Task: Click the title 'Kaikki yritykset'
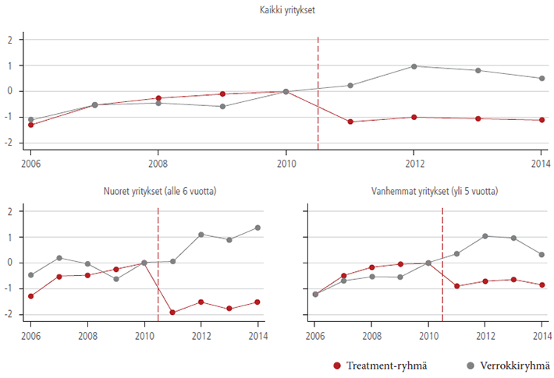point(286,10)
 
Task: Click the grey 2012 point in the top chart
point(414,66)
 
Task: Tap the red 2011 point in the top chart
point(350,122)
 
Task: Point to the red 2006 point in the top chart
point(30,125)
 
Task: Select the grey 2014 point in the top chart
point(542,78)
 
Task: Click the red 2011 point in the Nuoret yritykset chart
point(172,313)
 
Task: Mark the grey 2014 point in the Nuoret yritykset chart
point(257,228)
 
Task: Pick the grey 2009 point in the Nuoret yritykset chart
point(115,278)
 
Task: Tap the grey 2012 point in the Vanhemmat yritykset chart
point(485,236)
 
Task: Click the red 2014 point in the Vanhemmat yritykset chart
point(542,284)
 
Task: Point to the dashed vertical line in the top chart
point(318,94)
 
